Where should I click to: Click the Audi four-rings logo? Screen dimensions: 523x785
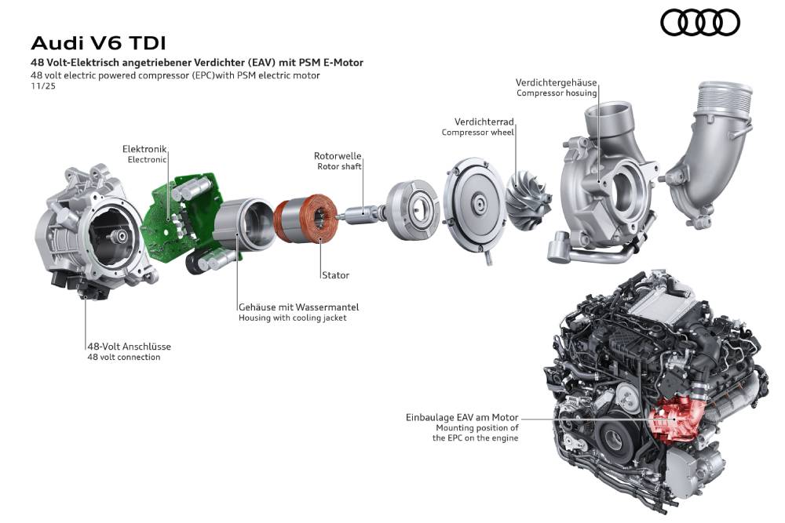[x=699, y=22]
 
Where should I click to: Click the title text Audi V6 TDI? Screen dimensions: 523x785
[x=98, y=42]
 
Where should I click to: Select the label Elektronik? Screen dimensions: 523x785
[x=144, y=149]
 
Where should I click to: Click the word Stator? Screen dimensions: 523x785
[x=334, y=275]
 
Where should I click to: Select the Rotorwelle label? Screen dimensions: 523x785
[x=338, y=156]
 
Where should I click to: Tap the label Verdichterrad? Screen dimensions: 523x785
[x=484, y=122]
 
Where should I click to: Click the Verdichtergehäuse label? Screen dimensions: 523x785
[x=556, y=82]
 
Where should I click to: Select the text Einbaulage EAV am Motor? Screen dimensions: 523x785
[x=462, y=418]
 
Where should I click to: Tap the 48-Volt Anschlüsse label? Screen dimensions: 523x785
[x=129, y=347]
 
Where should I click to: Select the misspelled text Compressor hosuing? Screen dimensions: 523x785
[x=557, y=93]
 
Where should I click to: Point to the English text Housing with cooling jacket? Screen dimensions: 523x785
[x=292, y=318]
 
